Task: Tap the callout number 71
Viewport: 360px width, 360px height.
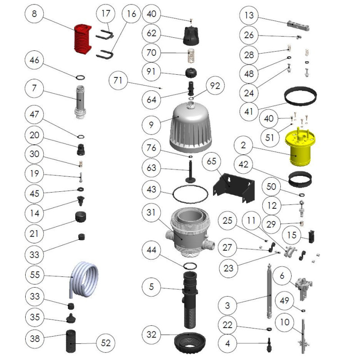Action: [x=118, y=81]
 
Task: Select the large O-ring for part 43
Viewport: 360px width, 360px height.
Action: [x=190, y=194]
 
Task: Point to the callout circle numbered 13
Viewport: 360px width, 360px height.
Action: [x=249, y=15]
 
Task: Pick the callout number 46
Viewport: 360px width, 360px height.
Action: [x=35, y=60]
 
